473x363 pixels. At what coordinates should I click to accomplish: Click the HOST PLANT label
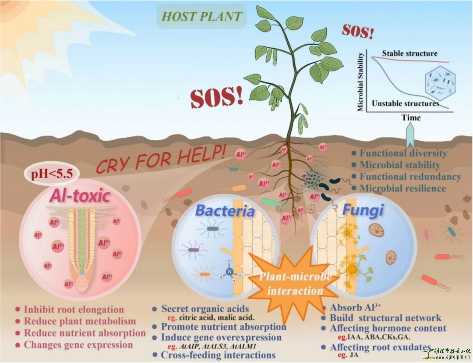(x=202, y=17)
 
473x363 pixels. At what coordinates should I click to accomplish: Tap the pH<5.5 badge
(x=52, y=174)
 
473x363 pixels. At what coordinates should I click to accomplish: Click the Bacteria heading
(x=225, y=211)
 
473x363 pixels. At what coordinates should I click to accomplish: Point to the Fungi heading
(x=363, y=210)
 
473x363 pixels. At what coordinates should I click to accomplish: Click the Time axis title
(x=411, y=117)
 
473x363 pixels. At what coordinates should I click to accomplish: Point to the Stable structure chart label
(x=409, y=53)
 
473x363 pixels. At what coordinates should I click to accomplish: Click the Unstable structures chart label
(x=405, y=103)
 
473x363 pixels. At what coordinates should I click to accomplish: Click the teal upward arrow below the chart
(x=410, y=136)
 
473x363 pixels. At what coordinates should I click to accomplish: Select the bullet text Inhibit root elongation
(x=74, y=309)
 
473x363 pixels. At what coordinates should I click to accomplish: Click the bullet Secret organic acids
(x=205, y=309)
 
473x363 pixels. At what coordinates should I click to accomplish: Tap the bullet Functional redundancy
(x=410, y=177)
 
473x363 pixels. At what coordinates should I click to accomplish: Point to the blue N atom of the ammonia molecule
(x=229, y=272)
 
